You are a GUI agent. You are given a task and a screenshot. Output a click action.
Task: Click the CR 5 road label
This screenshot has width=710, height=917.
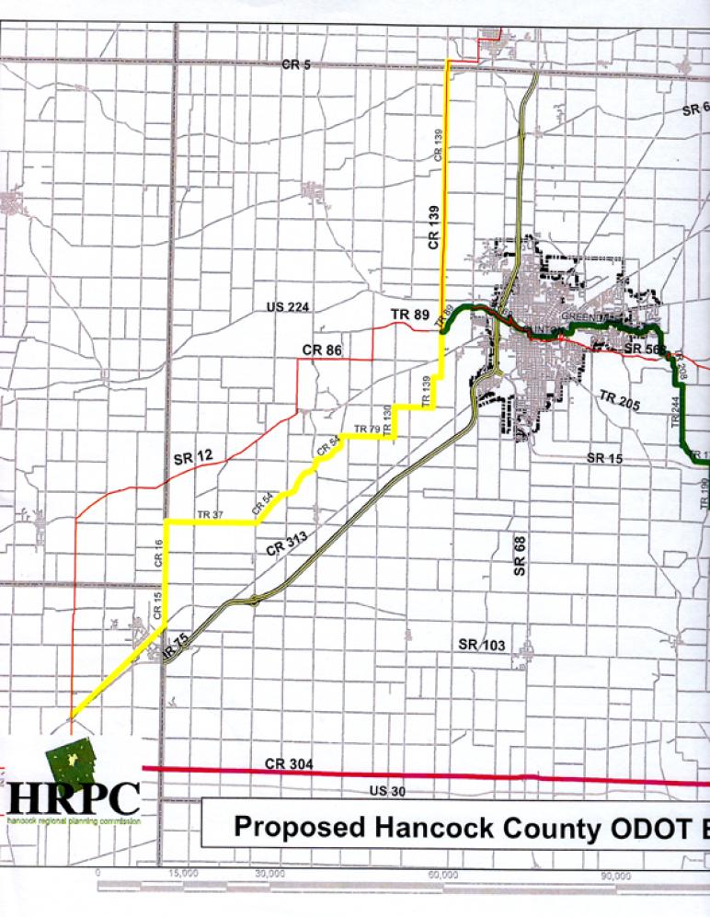click(297, 64)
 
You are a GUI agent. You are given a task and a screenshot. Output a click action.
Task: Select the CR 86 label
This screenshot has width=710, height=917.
click(321, 350)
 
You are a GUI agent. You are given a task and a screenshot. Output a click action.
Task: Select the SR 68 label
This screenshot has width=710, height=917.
click(520, 558)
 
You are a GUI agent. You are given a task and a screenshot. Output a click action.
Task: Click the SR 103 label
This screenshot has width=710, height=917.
click(482, 645)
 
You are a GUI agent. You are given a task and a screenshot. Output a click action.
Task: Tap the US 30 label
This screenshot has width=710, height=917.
click(387, 791)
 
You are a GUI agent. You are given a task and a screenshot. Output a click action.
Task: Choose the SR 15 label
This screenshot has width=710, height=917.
click(605, 457)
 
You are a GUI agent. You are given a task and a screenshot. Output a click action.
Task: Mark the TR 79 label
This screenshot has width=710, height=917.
click(366, 429)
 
